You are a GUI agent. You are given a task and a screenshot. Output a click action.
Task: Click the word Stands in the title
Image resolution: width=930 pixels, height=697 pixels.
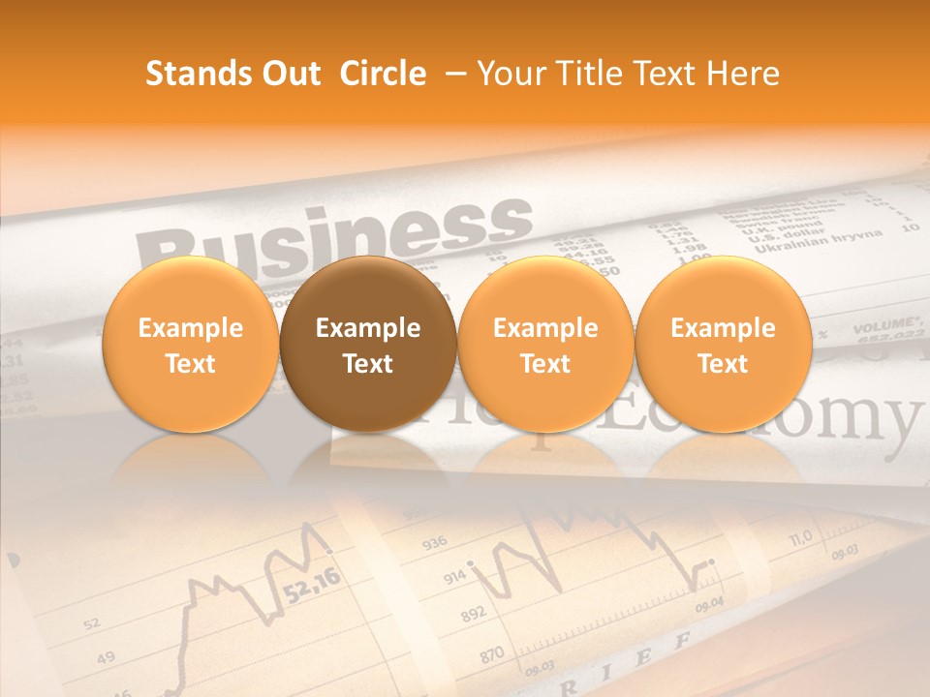click(x=191, y=74)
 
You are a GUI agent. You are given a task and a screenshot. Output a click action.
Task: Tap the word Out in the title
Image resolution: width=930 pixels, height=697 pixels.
click(x=288, y=74)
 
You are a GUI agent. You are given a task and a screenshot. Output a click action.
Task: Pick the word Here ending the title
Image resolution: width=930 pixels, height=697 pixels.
click(x=743, y=74)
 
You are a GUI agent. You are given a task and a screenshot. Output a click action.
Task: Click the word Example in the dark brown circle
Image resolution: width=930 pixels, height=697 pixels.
click(x=368, y=328)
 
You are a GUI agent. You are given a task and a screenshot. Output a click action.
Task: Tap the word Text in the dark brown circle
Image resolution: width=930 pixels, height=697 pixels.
click(x=368, y=364)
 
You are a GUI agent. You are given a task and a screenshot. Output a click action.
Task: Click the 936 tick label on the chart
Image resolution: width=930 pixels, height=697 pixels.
click(x=435, y=542)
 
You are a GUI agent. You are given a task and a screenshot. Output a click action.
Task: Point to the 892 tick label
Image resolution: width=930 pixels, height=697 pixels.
click(x=473, y=615)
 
